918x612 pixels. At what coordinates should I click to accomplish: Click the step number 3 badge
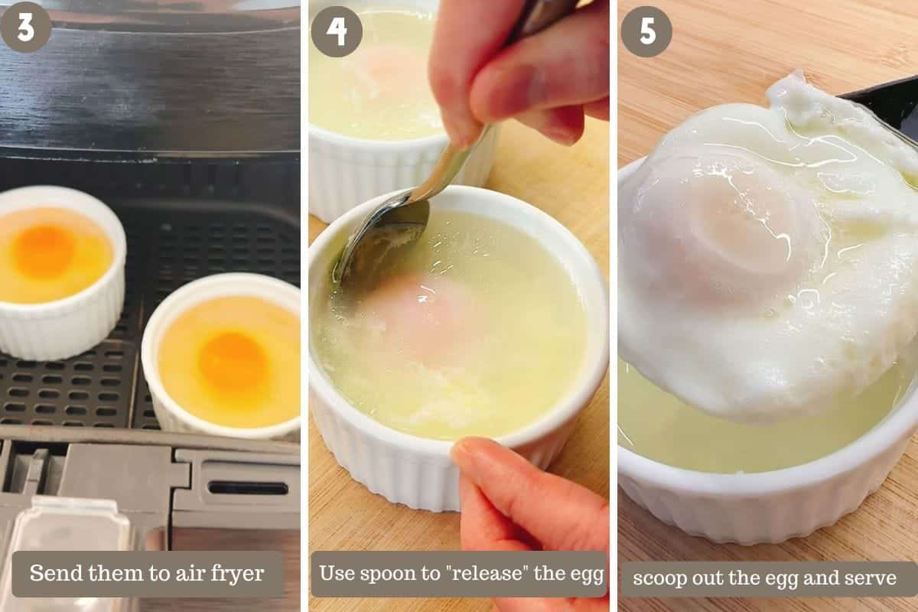click(x=25, y=27)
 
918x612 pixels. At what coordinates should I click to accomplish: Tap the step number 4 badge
click(x=337, y=31)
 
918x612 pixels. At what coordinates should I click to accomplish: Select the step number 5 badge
click(x=646, y=31)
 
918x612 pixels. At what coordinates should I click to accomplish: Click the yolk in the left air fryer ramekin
click(x=43, y=251)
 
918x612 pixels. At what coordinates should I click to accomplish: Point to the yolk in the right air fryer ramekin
click(x=233, y=362)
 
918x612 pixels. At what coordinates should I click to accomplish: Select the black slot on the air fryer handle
click(x=249, y=488)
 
